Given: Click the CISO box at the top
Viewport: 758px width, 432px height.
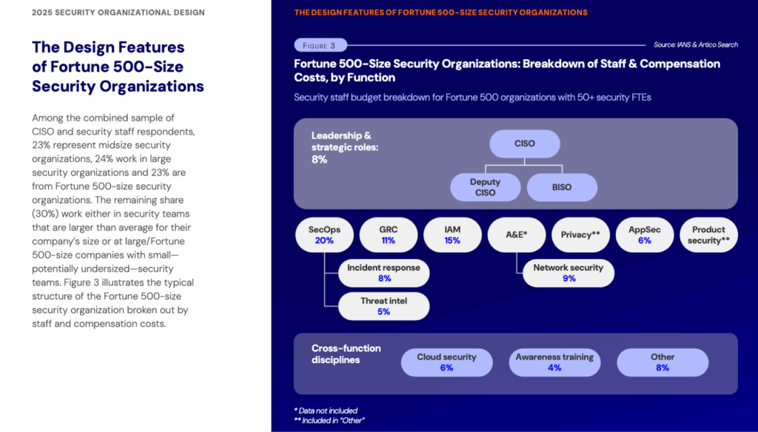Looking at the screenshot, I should pos(524,144).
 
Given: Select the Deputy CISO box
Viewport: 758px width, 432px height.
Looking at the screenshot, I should pos(485,187).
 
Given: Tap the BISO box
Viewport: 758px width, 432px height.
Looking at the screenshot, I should pos(561,187).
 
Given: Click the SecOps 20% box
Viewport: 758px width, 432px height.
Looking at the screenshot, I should pos(324,235).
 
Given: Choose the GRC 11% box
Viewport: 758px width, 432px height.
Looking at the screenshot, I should pos(388,235).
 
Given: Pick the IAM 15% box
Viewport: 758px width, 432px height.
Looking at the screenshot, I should pos(452,235).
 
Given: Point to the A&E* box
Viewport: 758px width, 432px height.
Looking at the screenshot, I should pos(516,235).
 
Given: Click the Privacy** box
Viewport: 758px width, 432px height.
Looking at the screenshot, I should pos(580,235).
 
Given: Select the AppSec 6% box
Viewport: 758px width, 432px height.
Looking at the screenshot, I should pos(644,235).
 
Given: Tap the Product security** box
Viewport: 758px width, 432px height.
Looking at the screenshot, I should pos(708,235).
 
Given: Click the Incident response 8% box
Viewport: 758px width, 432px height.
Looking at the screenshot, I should pos(383,273).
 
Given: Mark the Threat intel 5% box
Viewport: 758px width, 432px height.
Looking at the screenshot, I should pos(383,306).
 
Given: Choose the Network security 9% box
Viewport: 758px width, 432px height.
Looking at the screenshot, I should pos(568,273).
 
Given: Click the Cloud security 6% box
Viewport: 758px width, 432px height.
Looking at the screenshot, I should pos(446,362).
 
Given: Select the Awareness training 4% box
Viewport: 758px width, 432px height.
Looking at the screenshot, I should pos(554,362).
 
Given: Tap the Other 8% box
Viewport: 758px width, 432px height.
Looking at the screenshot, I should pos(663,362).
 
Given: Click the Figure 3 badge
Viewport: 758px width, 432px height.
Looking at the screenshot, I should pos(320,45).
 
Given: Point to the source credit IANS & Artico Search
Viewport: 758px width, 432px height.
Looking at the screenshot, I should pos(695,45).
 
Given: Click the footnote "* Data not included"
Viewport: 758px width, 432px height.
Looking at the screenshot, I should pos(326,411).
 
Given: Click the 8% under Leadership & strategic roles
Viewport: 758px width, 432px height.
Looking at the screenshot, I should pos(320,159).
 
